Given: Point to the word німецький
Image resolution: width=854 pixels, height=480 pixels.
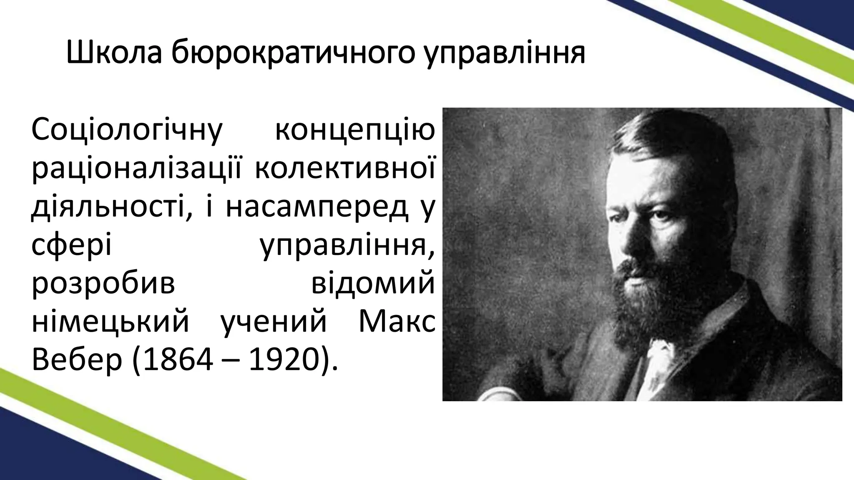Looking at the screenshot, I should point(111,322).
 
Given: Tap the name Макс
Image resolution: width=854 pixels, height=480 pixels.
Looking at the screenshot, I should point(396,322).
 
